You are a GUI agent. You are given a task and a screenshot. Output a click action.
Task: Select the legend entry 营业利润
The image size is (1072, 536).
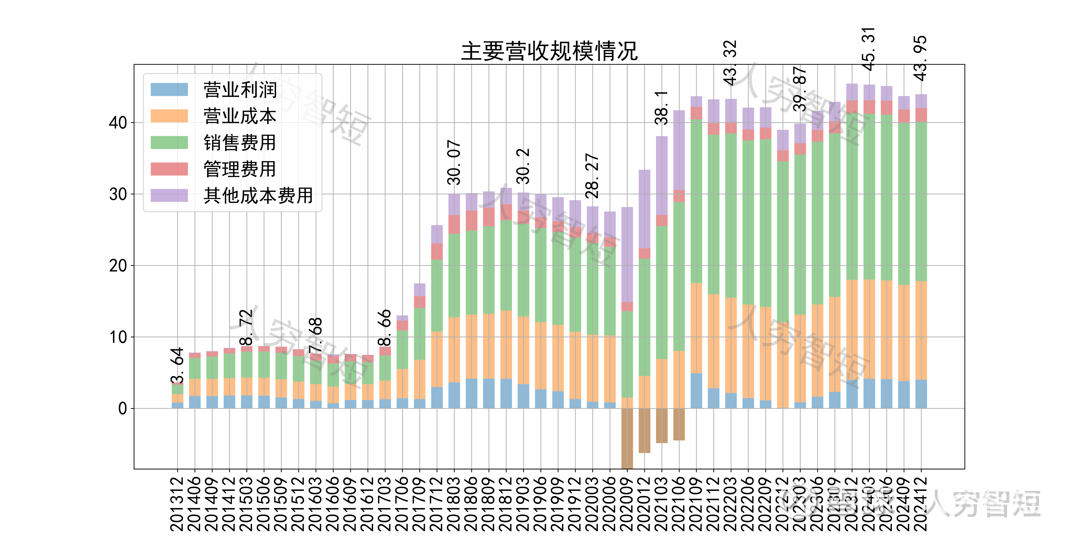click(x=240, y=90)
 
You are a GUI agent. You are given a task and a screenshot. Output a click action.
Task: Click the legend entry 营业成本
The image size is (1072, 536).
click(x=240, y=116)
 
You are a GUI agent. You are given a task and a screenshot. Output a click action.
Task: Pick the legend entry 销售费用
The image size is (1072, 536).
click(x=240, y=143)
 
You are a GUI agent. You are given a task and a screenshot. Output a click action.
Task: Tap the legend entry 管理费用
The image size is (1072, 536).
click(x=240, y=169)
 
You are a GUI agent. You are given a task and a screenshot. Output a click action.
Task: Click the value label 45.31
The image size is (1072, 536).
click(x=869, y=49)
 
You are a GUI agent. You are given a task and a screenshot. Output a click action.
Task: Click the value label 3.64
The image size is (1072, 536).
click(x=177, y=365)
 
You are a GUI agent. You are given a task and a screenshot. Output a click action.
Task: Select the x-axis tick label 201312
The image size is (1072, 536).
click(x=177, y=504)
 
